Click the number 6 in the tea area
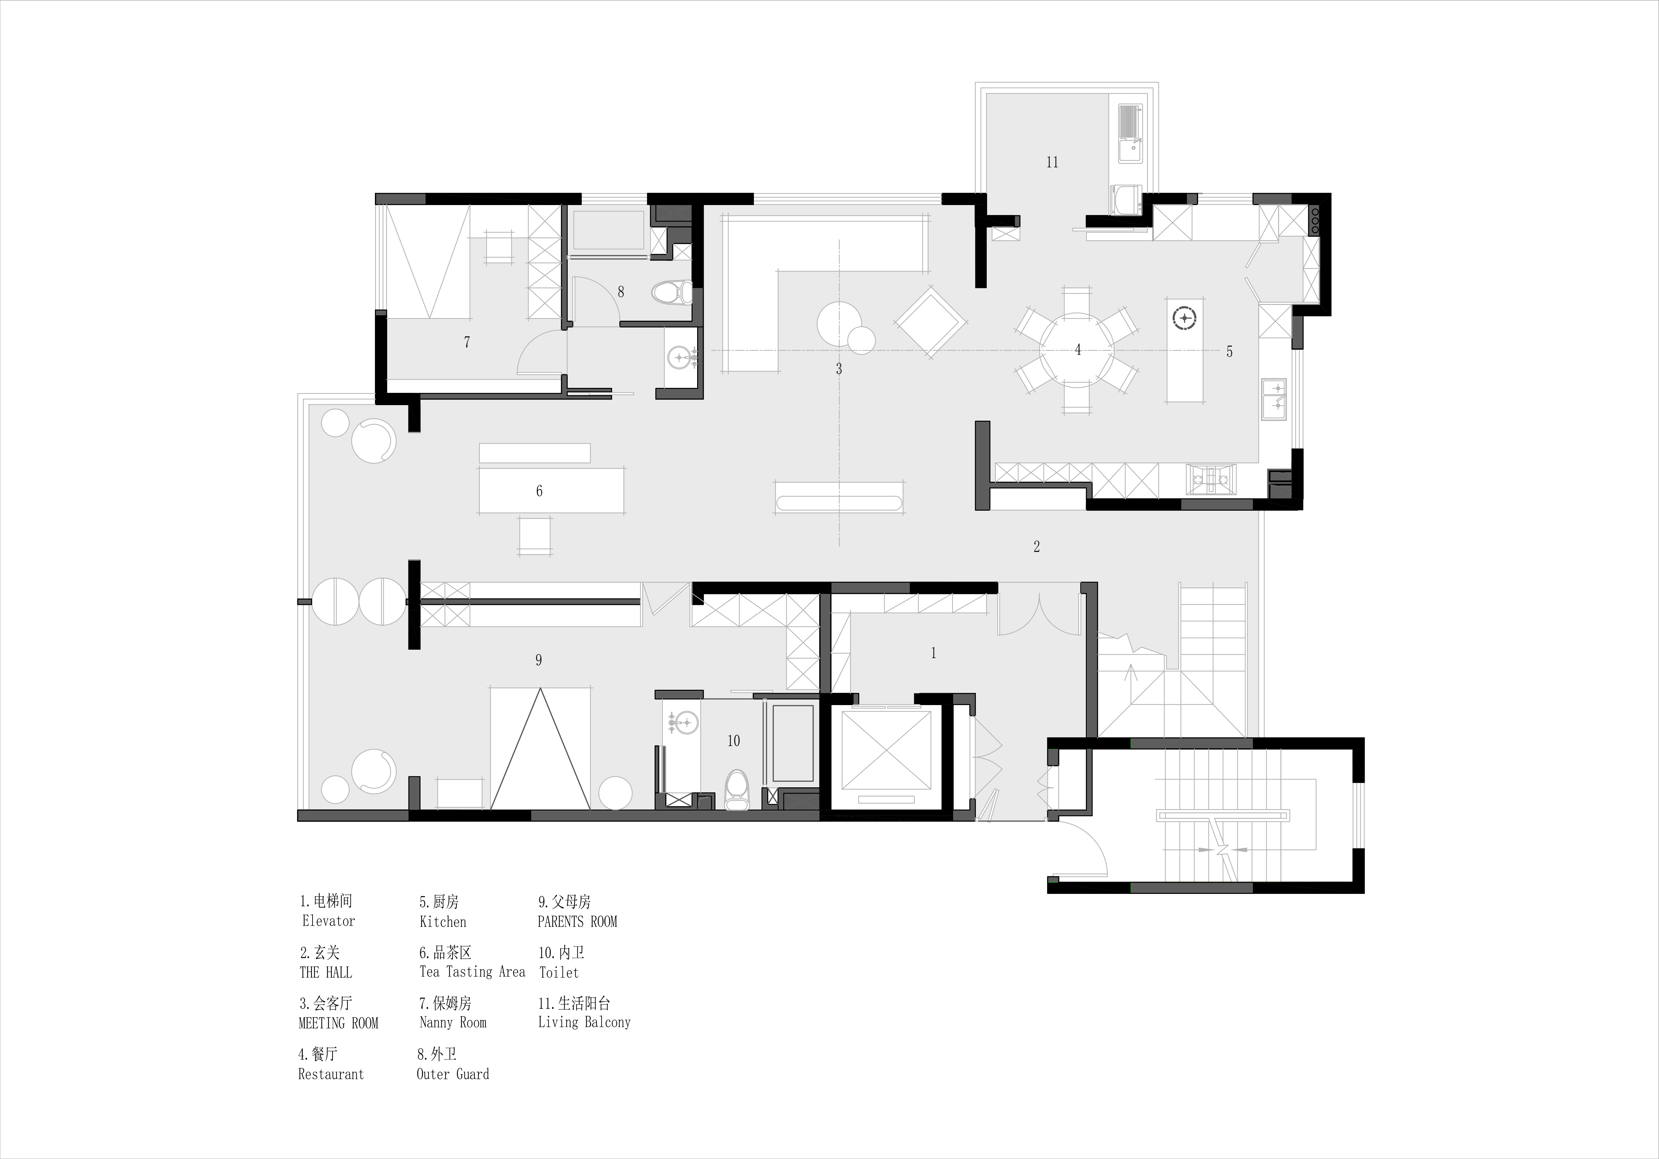tap(539, 491)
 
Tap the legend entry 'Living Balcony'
tap(584, 1022)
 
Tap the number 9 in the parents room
tap(538, 660)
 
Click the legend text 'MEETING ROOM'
tap(338, 1023)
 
